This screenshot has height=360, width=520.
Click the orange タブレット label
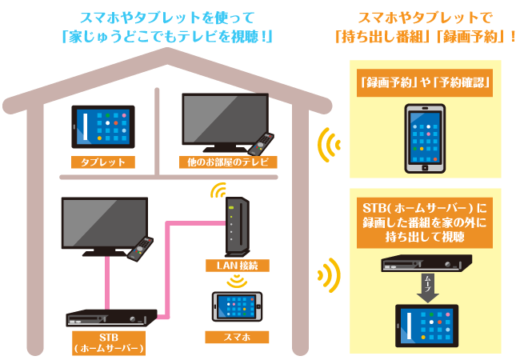click(x=102, y=162)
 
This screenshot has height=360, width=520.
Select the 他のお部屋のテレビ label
click(x=228, y=162)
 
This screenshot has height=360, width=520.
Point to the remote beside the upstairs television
click(x=259, y=145)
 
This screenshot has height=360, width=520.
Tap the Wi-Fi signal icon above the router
click(x=218, y=191)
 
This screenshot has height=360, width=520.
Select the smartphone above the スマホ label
click(x=237, y=307)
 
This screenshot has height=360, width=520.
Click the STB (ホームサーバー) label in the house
click(x=108, y=342)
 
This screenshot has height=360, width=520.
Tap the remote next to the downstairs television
click(x=139, y=249)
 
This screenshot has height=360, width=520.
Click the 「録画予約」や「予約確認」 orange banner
click(x=425, y=82)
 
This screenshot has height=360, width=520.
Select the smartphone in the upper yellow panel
click(x=424, y=139)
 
